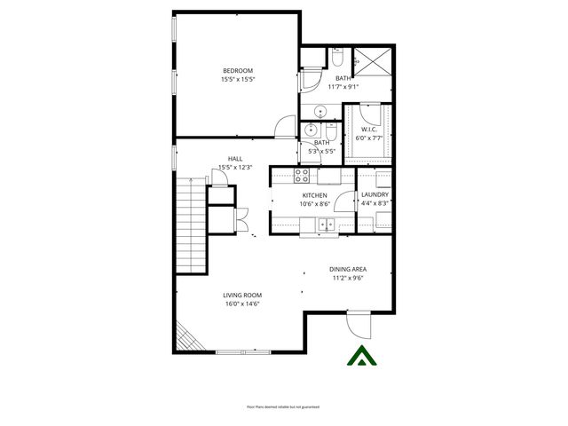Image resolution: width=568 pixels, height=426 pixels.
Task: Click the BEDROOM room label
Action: (238, 71)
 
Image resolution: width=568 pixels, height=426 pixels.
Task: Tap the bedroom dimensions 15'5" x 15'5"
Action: (238, 80)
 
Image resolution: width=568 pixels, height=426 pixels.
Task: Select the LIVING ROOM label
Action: (242, 296)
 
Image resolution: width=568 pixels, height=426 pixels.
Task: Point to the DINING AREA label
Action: (348, 269)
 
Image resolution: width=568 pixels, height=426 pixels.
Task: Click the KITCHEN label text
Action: (315, 195)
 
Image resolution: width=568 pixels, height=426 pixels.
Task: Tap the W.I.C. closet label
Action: (370, 130)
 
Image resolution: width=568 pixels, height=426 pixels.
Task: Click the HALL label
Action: (235, 159)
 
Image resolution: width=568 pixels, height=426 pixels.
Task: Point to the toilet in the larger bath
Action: (336, 58)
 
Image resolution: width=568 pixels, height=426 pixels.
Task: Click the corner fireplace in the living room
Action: (186, 337)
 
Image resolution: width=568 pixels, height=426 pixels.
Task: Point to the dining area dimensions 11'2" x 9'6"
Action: (348, 278)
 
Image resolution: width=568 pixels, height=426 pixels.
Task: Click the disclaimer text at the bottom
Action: (283, 406)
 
